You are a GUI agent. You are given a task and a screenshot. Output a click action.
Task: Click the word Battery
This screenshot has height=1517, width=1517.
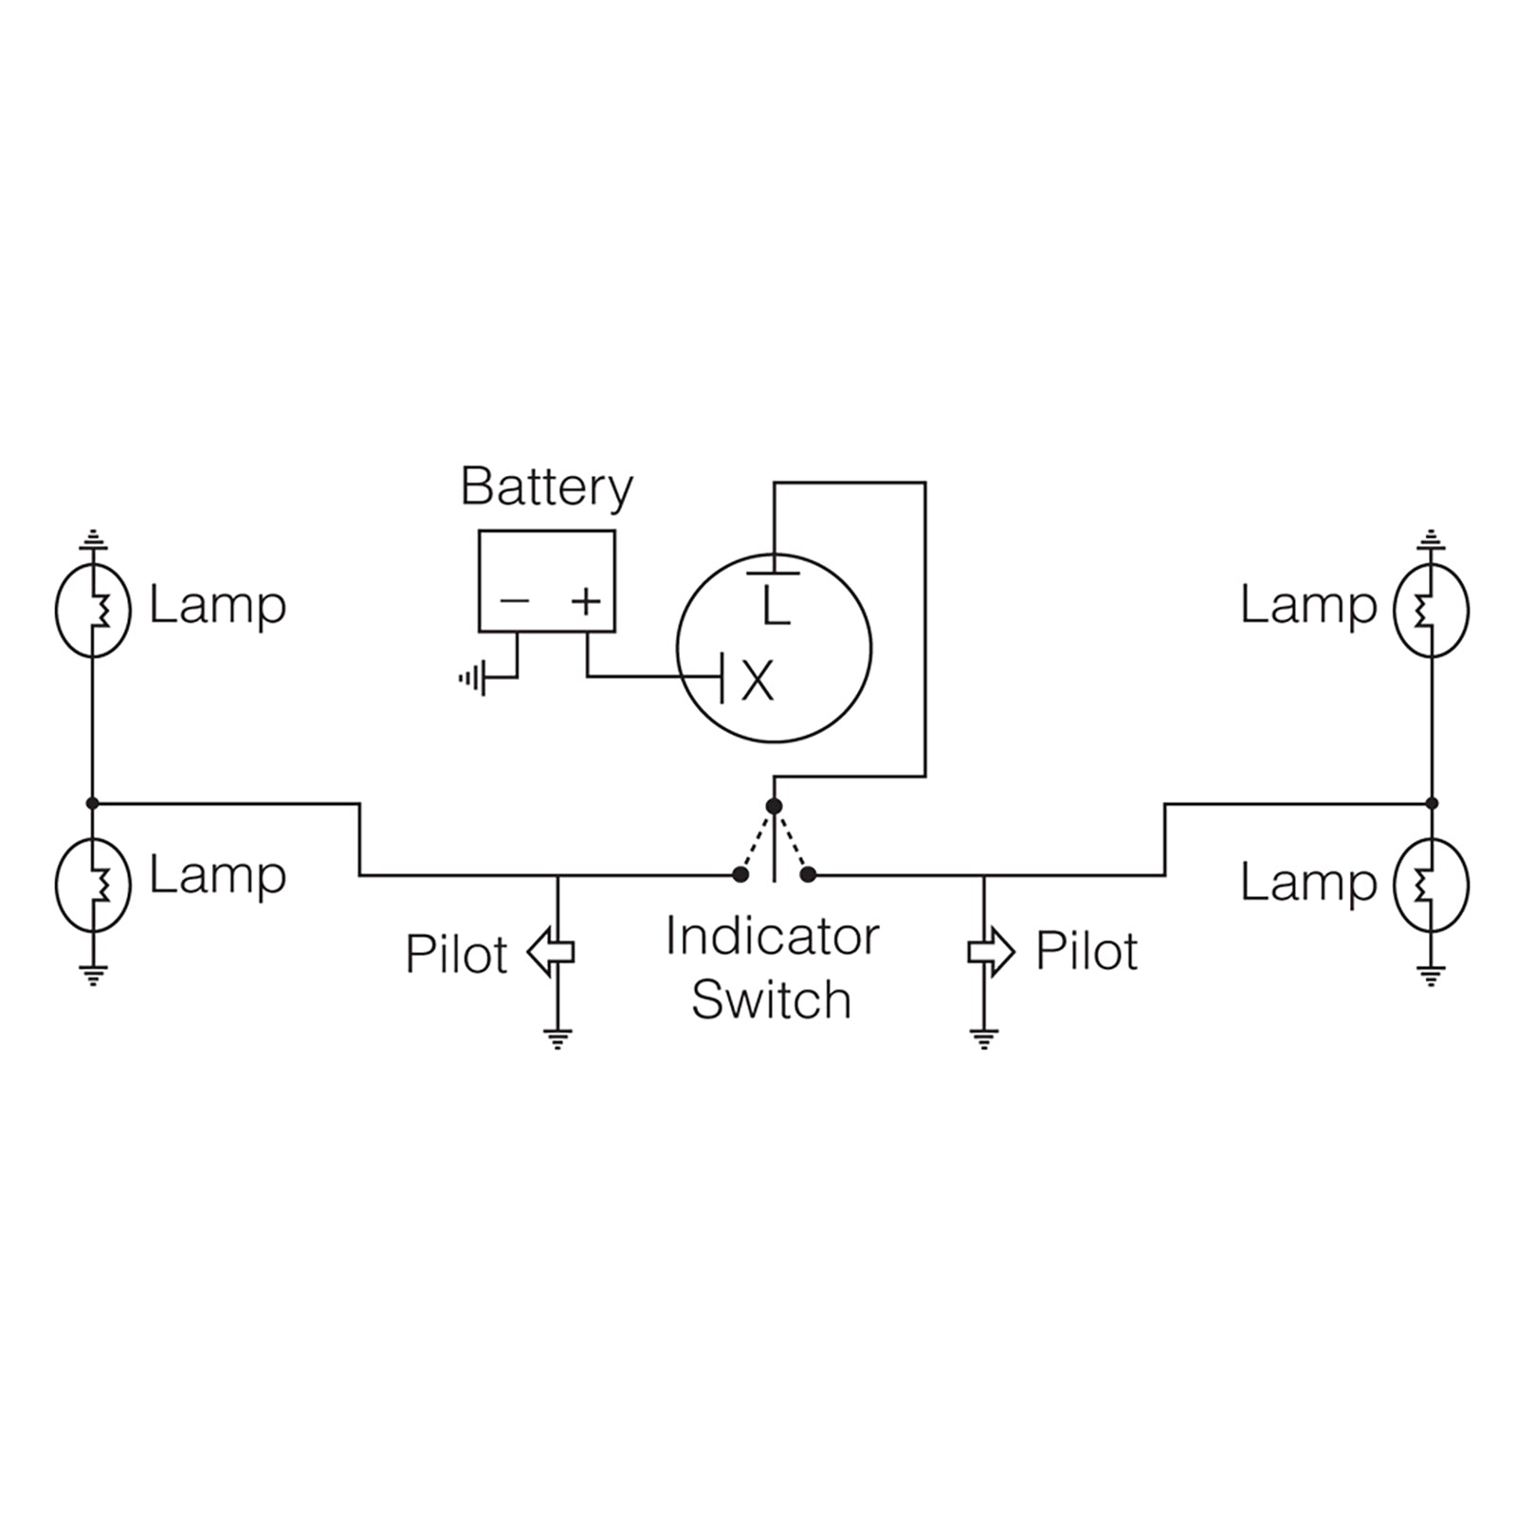pos(546,487)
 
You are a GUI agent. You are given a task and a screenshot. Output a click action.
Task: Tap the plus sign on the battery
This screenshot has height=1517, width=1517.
pos(587,600)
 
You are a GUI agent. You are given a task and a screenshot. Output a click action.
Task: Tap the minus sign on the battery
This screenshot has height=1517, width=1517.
pos(514,600)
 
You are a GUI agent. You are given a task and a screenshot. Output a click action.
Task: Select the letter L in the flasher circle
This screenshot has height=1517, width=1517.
pos(776,607)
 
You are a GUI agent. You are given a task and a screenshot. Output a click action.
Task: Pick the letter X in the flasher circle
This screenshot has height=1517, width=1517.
pos(757,680)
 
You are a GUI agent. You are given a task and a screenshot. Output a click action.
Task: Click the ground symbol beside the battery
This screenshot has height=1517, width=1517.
pos(472,678)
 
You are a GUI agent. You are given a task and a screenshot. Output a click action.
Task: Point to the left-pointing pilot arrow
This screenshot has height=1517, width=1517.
pos(550,952)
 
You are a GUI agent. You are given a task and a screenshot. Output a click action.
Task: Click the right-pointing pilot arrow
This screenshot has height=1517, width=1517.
pos(992,951)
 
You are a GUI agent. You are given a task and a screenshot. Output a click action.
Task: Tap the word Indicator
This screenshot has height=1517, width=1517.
pos(772,937)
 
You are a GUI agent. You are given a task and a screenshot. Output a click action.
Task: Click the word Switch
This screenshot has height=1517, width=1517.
pos(771,999)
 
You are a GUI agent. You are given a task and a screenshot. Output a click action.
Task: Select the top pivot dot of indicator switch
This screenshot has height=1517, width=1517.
pos(774,806)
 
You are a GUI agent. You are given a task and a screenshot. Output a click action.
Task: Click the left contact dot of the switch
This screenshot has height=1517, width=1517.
pos(740,875)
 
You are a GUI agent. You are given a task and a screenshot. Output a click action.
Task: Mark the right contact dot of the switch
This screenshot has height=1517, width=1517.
pos(808,875)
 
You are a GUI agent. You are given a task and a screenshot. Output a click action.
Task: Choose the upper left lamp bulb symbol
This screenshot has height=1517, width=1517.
pos(92,611)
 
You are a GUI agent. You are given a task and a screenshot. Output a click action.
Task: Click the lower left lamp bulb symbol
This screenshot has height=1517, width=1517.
pos(92,884)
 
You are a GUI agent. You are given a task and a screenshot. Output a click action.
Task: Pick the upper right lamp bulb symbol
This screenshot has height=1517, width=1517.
pos(1431,611)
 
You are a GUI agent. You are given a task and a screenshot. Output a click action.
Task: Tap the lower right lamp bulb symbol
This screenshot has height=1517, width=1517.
pos(1431,884)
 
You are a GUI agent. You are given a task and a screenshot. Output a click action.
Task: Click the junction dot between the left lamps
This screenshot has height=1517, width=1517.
pos(92,803)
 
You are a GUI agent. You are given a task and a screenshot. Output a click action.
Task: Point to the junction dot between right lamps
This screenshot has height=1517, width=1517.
pos(1432,803)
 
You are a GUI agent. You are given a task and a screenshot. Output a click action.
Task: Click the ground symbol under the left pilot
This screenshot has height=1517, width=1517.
pos(557,1039)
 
